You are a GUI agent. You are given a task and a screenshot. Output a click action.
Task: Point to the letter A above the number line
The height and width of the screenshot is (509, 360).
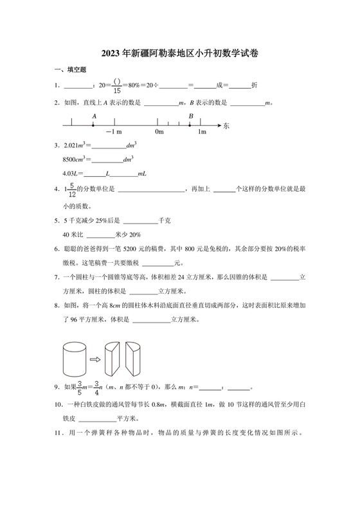[94, 116]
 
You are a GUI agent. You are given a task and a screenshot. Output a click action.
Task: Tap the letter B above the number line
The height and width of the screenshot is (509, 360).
[190, 116]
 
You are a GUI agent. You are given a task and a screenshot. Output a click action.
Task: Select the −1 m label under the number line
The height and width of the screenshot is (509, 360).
[114, 133]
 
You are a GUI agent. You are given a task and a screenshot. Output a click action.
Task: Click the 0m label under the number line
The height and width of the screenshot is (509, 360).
[159, 133]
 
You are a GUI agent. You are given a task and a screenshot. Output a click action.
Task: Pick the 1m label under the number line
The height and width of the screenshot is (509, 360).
[202, 133]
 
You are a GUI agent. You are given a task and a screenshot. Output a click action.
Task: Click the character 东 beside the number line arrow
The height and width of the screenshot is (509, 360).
[226, 126]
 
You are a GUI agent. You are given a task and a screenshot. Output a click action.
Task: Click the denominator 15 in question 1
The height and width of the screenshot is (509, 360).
[117, 90]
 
